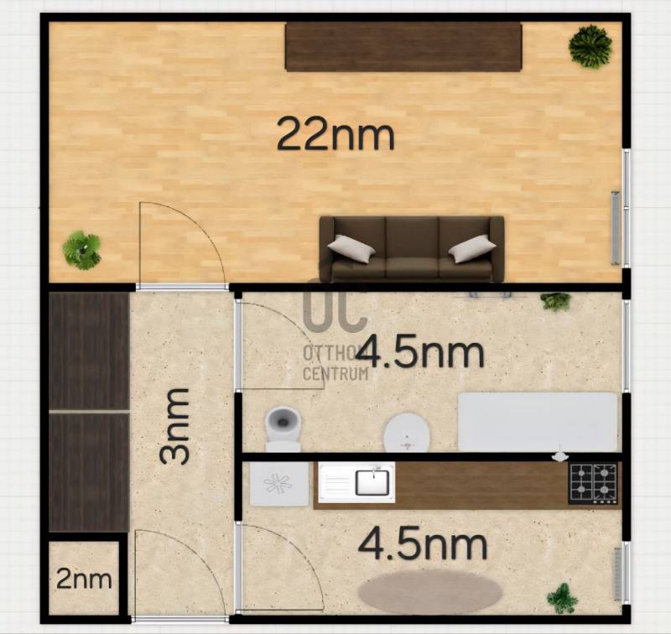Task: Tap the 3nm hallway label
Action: [174, 426]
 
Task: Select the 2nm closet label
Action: [85, 579]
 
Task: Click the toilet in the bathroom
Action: [283, 429]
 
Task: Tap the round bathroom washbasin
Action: [407, 433]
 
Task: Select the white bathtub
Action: [538, 422]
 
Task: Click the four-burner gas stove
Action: [593, 483]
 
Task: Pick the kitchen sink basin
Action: [372, 482]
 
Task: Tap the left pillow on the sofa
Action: [351, 248]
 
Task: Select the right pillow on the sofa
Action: [472, 248]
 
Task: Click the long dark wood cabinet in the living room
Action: [403, 47]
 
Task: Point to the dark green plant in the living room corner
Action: [590, 47]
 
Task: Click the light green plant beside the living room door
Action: [81, 250]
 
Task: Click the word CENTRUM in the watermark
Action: [335, 373]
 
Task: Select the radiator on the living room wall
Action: [616, 227]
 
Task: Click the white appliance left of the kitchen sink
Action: [279, 483]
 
